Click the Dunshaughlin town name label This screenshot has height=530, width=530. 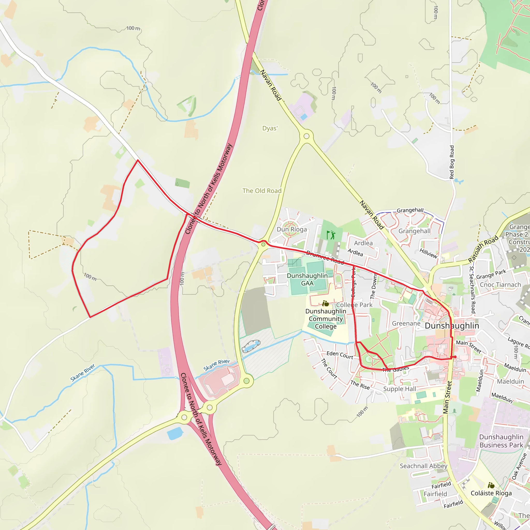point(452,326)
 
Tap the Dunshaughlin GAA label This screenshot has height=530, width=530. point(307,279)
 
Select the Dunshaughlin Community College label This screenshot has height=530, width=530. point(326,319)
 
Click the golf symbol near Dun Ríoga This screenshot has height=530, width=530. point(331,235)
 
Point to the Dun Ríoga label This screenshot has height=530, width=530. point(292,229)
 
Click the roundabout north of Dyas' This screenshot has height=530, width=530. point(306,136)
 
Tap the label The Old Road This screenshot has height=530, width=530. point(262,191)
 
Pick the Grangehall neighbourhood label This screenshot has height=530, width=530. point(414,231)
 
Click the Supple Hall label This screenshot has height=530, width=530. point(399,389)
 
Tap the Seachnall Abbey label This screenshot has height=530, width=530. point(423,466)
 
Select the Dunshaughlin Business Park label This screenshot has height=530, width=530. point(501,441)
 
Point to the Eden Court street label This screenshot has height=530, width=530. point(340,355)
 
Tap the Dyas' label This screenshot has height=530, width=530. point(270,128)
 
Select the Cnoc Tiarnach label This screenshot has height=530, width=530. point(500,285)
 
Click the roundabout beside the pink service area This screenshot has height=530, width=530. point(246,381)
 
